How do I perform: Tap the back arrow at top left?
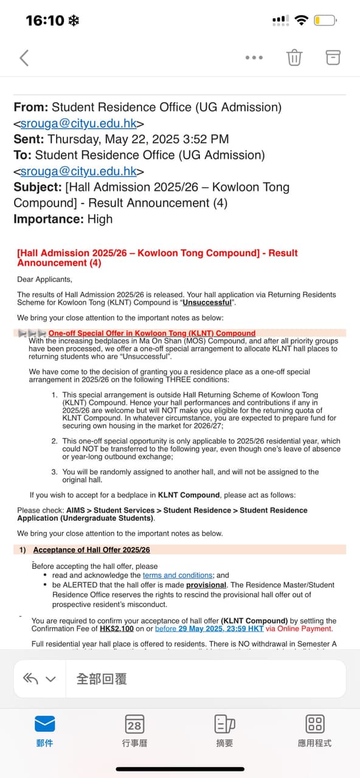pyautogui.click(x=24, y=58)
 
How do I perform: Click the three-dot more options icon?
pyautogui.click(x=254, y=58)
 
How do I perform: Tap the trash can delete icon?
pyautogui.click(x=294, y=58)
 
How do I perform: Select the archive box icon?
pyautogui.click(x=333, y=58)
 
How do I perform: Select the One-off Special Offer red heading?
pyautogui.click(x=152, y=333)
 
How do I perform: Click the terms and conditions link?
pyautogui.click(x=178, y=575)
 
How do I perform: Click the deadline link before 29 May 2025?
pyautogui.click(x=209, y=628)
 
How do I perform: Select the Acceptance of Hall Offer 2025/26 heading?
pyautogui.click(x=91, y=549)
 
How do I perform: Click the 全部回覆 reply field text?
pyautogui.click(x=102, y=678)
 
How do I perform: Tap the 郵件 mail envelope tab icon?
pyautogui.click(x=44, y=723)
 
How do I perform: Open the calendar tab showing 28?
pyautogui.click(x=134, y=724)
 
